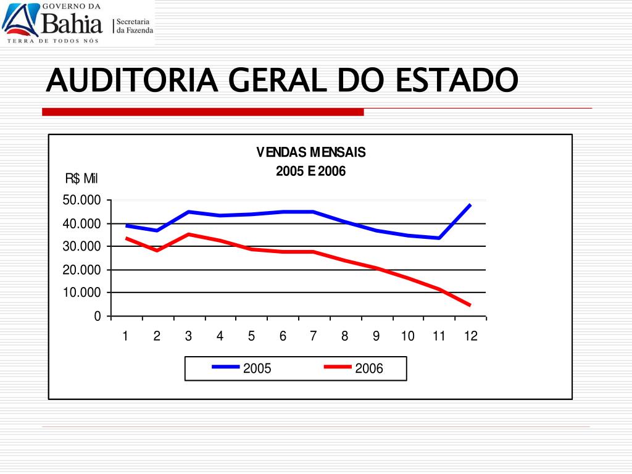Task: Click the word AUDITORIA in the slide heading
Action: [x=132, y=80]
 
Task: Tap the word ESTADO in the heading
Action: [x=457, y=80]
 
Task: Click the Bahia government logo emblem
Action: [x=20, y=20]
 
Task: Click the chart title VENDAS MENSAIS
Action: [x=311, y=152]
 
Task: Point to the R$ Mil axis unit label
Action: [x=81, y=178]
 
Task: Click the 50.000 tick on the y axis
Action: [x=81, y=200]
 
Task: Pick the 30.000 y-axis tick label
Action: [x=81, y=246]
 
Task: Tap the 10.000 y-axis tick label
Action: [x=81, y=293]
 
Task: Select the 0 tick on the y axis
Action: [x=97, y=316]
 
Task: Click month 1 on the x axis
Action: [x=125, y=336]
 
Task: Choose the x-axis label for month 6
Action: [x=283, y=336]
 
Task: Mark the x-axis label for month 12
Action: [x=471, y=336]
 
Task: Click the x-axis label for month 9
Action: [x=376, y=336]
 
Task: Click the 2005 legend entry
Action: [x=241, y=368]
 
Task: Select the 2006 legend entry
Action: [x=354, y=368]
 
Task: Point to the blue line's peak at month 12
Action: [x=470, y=205]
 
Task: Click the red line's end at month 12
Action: [x=470, y=305]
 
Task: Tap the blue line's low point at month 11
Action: [x=439, y=238]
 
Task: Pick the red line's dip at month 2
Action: [x=157, y=251]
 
